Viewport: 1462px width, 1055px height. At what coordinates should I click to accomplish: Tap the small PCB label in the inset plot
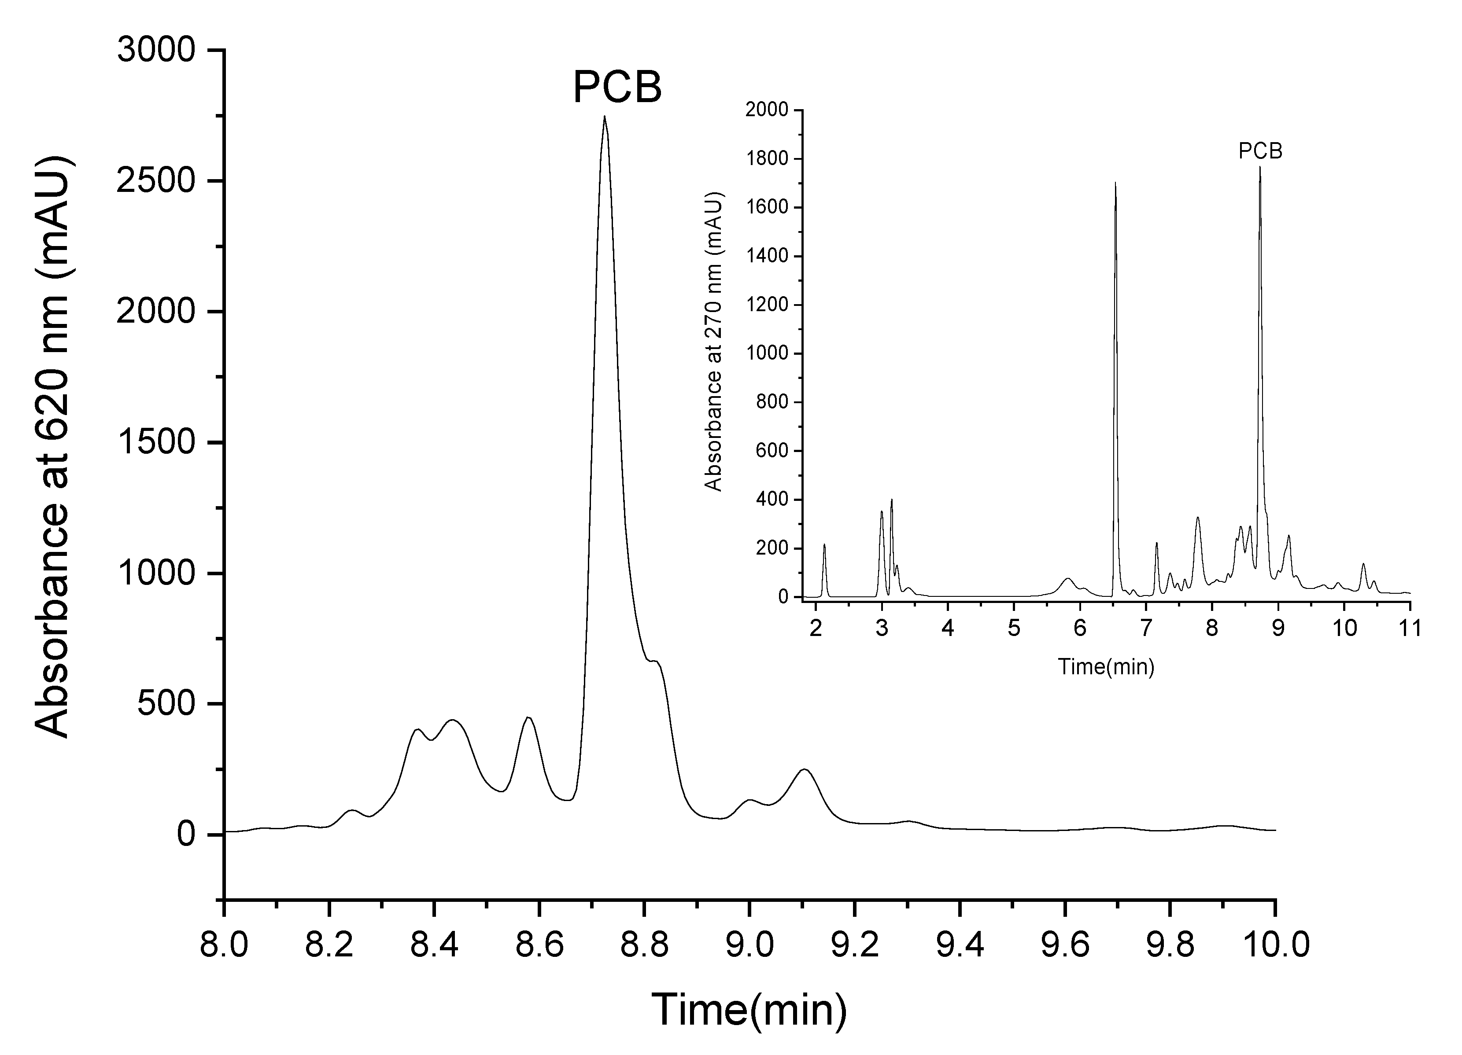(1260, 151)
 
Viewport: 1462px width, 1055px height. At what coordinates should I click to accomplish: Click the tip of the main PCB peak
(604, 117)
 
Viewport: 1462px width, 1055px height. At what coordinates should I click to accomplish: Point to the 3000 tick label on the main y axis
(156, 50)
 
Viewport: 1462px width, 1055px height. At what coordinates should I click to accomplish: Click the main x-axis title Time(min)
(749, 1009)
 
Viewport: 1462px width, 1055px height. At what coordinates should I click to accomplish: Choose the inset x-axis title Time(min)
(1105, 666)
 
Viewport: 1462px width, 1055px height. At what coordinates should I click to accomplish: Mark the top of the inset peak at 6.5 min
(1115, 184)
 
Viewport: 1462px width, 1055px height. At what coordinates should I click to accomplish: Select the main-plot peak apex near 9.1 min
(805, 769)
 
